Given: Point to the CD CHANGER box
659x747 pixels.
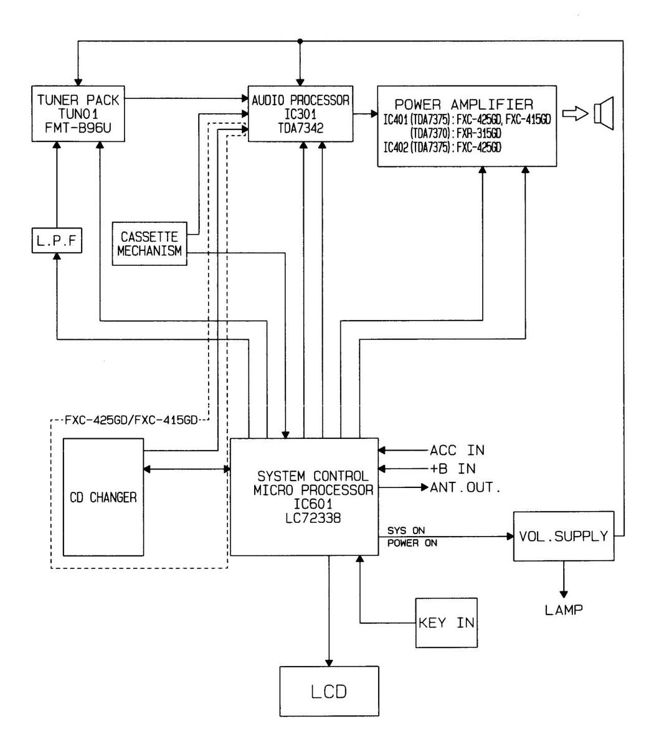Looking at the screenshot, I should pyautogui.click(x=103, y=497).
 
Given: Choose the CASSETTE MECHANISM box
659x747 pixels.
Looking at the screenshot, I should pyautogui.click(x=149, y=243).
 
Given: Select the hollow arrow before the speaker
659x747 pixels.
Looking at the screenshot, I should pyautogui.click(x=574, y=113).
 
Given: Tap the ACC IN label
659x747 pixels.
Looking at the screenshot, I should pyautogui.click(x=457, y=450).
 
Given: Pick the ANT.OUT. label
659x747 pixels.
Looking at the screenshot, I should pyautogui.click(x=465, y=487).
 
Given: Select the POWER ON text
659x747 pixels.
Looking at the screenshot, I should pyautogui.click(x=412, y=543).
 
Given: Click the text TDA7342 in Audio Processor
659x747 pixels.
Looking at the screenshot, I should pyautogui.click(x=301, y=125).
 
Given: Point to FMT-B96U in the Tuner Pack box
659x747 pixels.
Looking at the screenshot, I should pyautogui.click(x=78, y=126).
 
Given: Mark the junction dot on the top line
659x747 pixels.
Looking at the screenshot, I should pyautogui.click(x=301, y=41).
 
